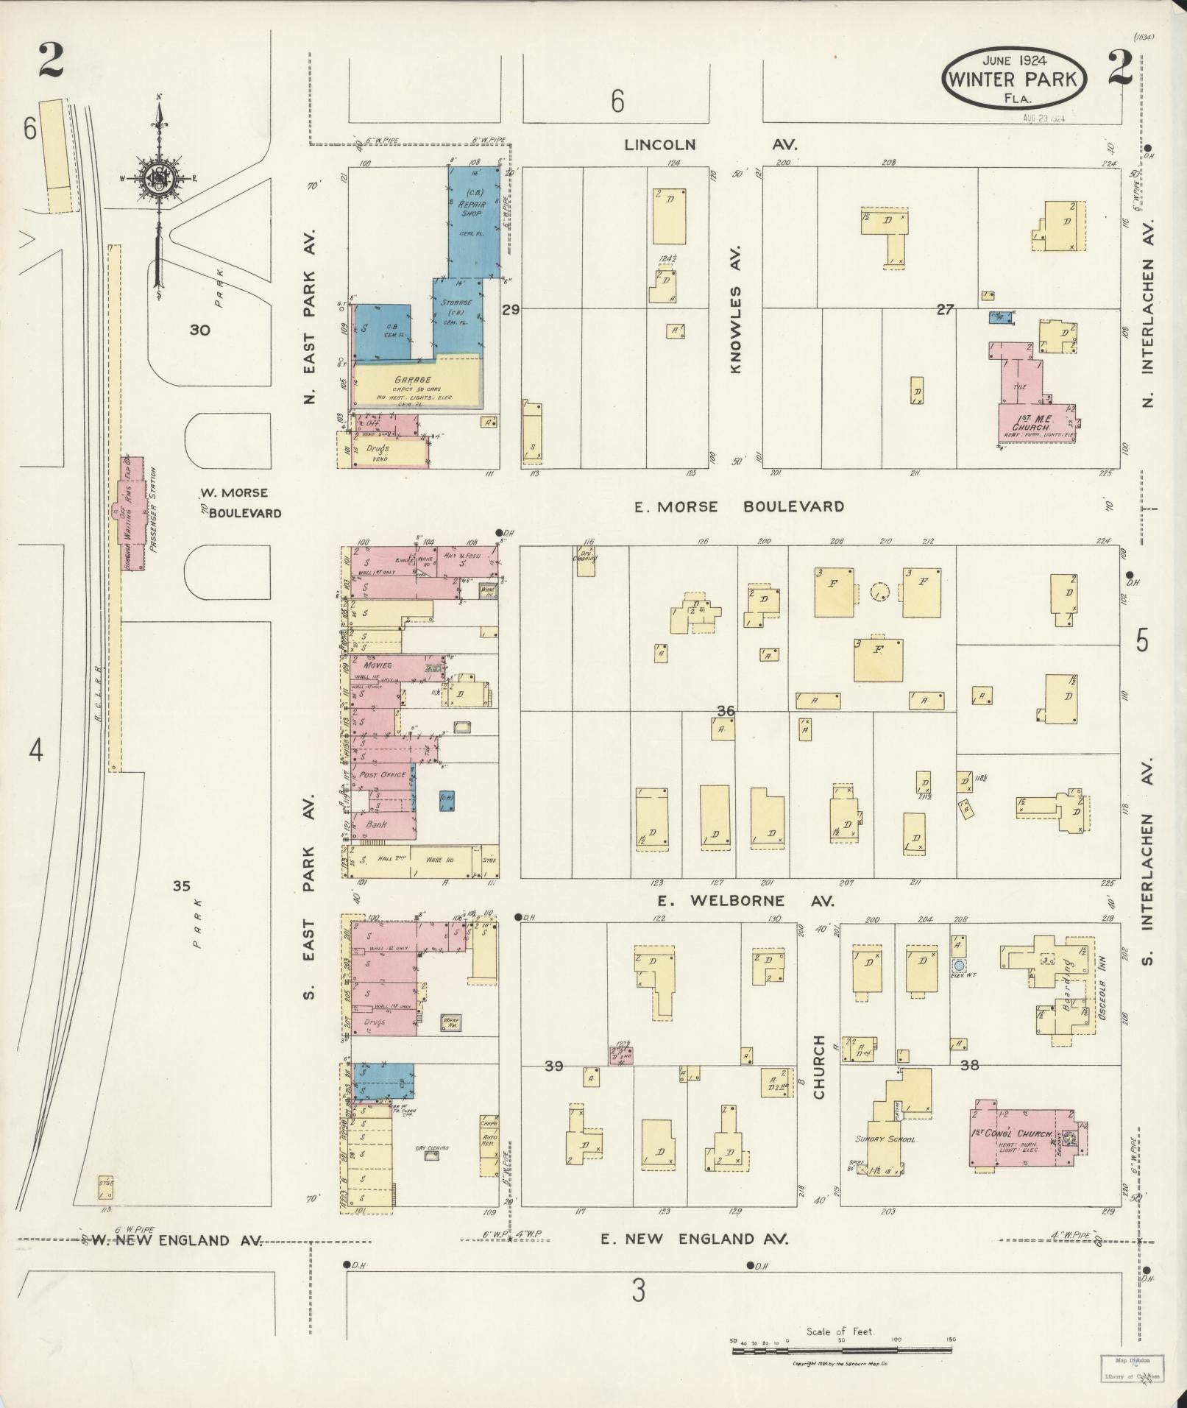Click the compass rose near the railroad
(x=158, y=179)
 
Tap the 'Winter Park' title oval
(x=1013, y=79)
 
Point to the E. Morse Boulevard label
(x=739, y=506)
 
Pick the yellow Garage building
(x=416, y=386)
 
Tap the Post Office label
(x=382, y=775)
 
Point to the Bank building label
(x=377, y=824)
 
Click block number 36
(x=726, y=711)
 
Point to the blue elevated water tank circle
(x=959, y=965)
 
